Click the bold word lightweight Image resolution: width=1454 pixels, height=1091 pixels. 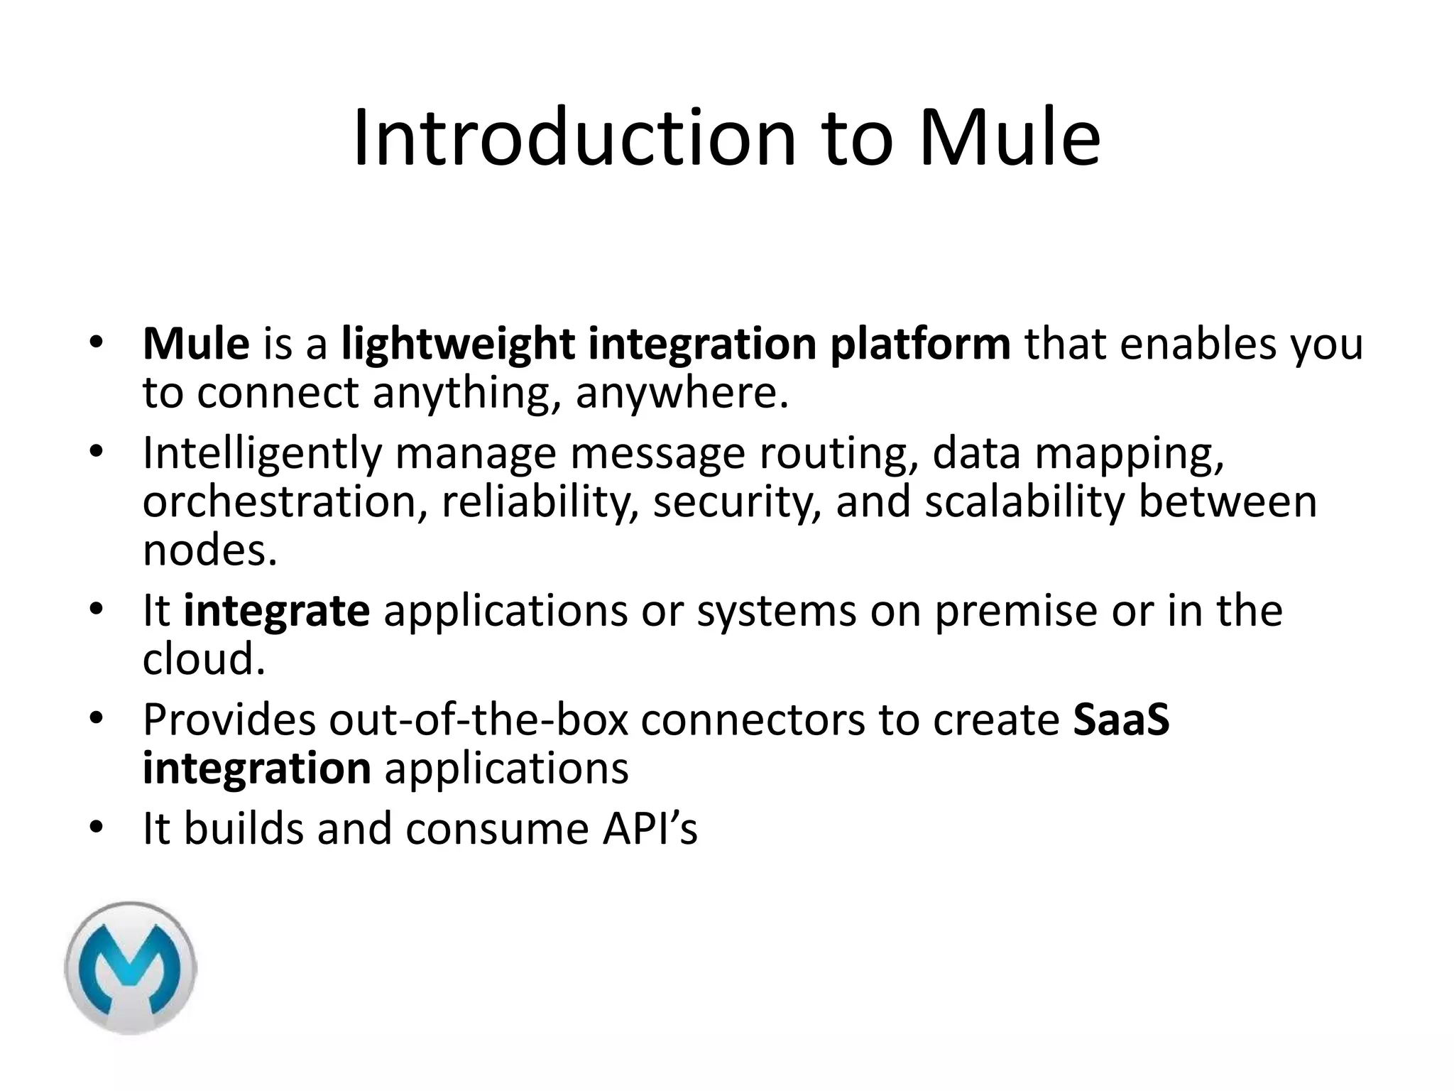(458, 344)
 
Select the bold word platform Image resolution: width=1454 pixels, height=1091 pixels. (920, 344)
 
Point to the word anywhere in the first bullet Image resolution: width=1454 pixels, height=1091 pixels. (681, 393)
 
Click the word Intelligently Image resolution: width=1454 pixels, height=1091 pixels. (262, 453)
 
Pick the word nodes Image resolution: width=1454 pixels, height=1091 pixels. (209, 550)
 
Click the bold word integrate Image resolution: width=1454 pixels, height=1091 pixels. (277, 611)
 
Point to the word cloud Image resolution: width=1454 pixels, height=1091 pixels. (203, 659)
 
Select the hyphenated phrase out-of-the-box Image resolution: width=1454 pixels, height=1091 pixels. (479, 720)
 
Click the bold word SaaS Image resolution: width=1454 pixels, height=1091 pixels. (1121, 720)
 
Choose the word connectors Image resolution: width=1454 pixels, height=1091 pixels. (753, 720)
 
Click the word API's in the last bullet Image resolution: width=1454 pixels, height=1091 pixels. (650, 828)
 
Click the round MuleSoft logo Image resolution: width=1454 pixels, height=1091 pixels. (131, 967)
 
